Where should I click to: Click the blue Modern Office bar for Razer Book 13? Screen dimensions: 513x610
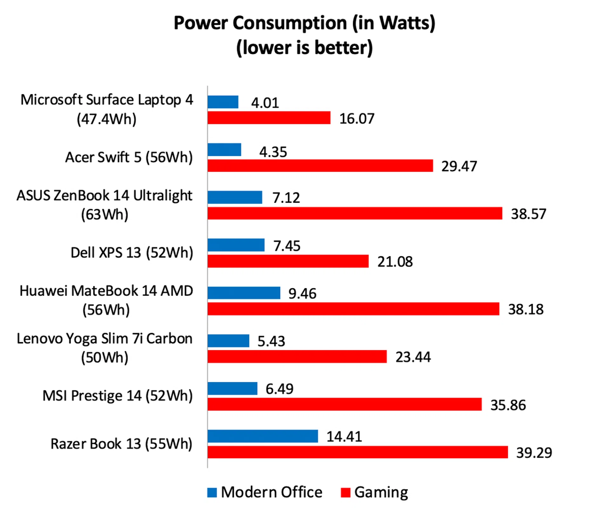263,436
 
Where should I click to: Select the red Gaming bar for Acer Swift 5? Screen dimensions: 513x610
320,166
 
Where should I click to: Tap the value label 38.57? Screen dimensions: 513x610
528,214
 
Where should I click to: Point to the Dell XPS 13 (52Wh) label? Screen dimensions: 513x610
132,253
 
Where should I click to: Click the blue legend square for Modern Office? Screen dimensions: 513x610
212,492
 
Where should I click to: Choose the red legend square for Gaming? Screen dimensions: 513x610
345,492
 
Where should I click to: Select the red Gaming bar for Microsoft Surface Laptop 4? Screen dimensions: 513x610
269,118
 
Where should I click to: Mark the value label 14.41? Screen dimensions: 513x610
344,436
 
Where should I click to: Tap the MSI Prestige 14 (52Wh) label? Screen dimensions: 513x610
118,396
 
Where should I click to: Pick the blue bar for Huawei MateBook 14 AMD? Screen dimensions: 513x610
244,293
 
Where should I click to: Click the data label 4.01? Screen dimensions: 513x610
265,103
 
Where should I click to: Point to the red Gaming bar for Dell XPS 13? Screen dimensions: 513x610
288,261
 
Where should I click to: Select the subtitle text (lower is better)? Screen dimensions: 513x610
304,48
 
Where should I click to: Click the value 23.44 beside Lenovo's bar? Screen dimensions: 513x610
413,357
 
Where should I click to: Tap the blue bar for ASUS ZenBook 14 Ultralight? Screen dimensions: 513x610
235,197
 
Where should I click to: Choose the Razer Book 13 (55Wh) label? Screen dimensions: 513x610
121,444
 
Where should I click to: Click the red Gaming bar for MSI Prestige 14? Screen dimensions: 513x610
345,404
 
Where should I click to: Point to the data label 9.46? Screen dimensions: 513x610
302,294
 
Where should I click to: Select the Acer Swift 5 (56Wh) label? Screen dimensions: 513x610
129,157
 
